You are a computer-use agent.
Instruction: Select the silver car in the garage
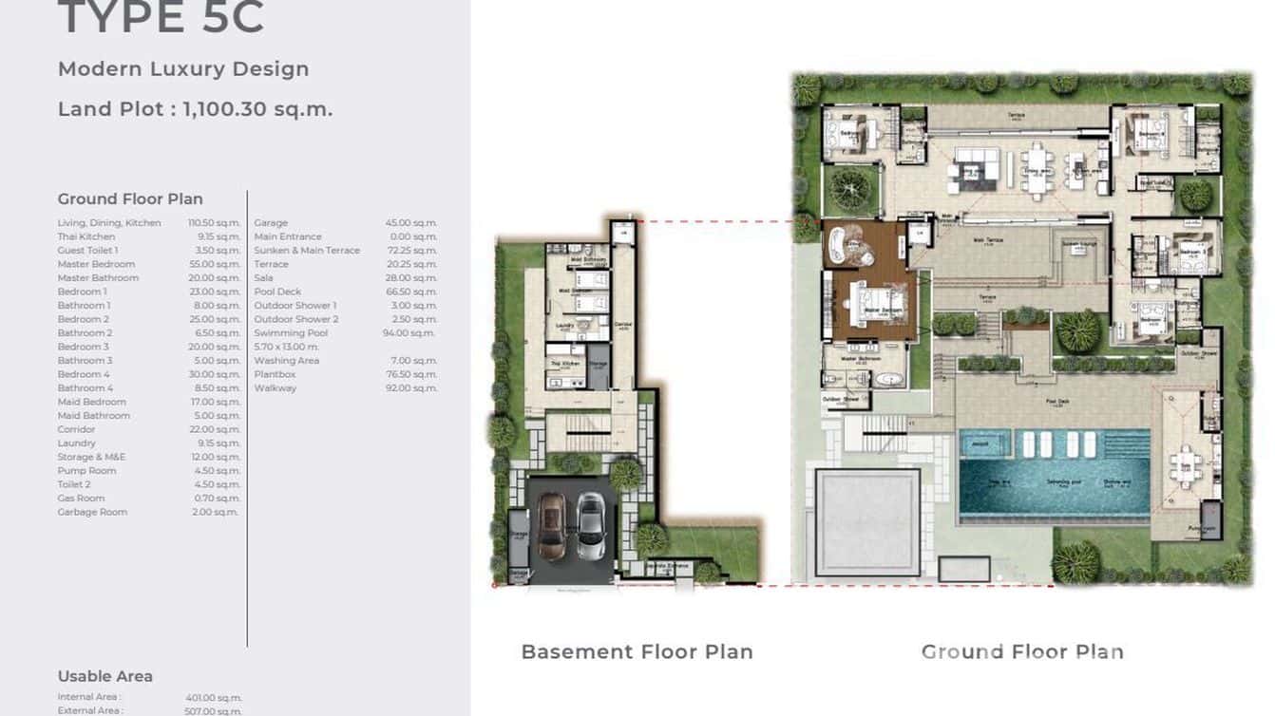(590, 526)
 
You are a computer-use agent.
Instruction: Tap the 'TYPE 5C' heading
(161, 18)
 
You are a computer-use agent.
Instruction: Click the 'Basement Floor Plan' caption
(637, 651)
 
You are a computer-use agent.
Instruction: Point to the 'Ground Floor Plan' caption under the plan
(1022, 651)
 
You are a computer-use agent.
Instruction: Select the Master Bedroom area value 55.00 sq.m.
(214, 264)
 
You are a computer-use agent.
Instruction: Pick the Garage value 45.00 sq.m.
(410, 223)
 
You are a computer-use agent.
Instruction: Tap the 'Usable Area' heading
(105, 676)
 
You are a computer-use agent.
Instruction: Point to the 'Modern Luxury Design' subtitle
(183, 69)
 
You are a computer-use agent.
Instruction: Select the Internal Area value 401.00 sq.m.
(214, 698)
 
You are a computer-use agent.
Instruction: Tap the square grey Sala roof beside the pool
(866, 522)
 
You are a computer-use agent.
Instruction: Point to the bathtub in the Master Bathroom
(889, 380)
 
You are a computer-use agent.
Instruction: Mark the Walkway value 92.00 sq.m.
(410, 388)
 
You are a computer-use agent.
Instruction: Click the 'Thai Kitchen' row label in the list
(86, 236)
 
